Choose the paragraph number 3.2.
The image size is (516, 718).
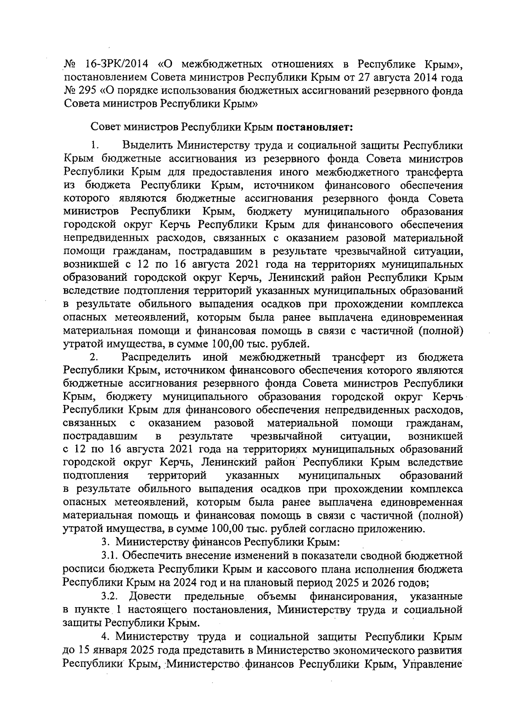coord(109,596)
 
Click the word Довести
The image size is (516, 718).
coord(150,596)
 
